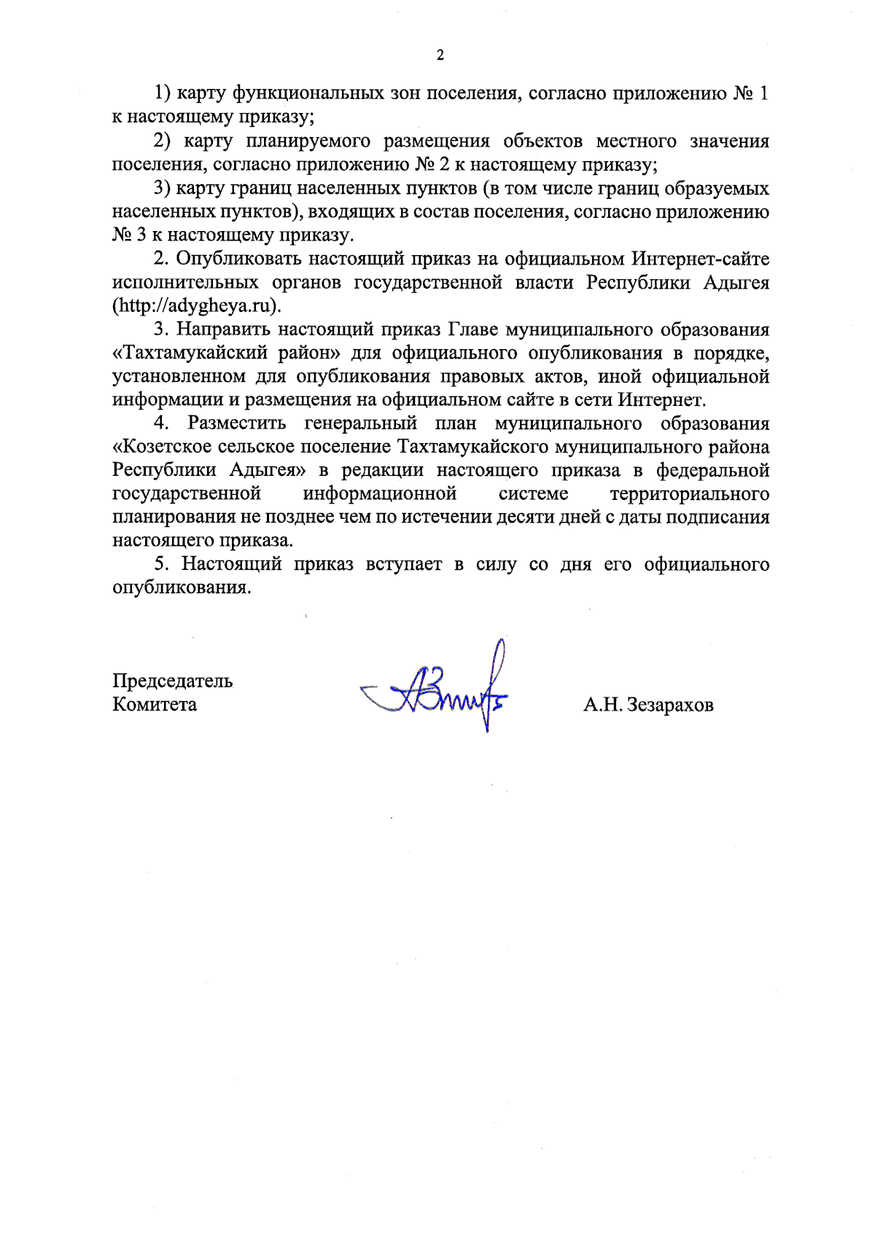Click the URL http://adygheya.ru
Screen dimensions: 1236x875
pyautogui.click(x=195, y=306)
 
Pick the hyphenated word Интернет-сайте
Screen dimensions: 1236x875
pyautogui.click(x=700, y=259)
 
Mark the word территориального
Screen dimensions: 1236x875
pyautogui.click(x=689, y=495)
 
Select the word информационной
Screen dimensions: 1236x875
pyautogui.click(x=380, y=495)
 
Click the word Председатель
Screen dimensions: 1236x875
pyautogui.click(x=173, y=681)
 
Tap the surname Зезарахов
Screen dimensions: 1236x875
pyautogui.click(x=670, y=705)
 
